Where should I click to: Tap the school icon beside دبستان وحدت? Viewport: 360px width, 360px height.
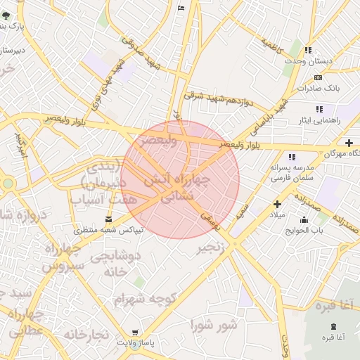coord(309,51)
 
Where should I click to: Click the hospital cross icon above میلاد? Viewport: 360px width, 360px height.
coord(277,204)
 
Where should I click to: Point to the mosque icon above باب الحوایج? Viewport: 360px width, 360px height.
coord(304,219)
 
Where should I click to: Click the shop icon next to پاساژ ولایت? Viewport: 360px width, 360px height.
coord(135,333)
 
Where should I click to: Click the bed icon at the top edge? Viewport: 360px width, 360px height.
coord(181,7)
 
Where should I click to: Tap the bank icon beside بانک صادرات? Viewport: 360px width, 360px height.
coord(318,77)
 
